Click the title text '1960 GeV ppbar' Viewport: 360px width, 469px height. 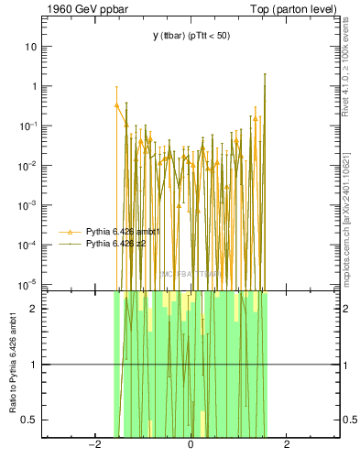pos(77,8)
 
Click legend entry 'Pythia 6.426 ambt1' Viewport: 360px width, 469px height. pos(123,233)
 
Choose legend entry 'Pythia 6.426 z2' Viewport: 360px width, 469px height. pos(116,245)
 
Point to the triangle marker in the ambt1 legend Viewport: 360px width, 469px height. pos(71,233)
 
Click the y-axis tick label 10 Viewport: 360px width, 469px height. pos(31,46)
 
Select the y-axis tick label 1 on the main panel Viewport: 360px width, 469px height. pos(34,86)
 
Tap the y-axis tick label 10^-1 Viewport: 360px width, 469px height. pos(28,125)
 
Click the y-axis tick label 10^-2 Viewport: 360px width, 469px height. pos(28,166)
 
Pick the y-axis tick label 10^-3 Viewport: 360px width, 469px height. pos(28,205)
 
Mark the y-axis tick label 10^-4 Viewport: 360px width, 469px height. pos(28,245)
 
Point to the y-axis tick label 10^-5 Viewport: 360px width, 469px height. pos(28,285)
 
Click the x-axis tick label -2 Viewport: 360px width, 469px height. pos(93,445)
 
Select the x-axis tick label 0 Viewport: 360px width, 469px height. pos(191,445)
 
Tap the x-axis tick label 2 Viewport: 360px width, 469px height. pos(287,445)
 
